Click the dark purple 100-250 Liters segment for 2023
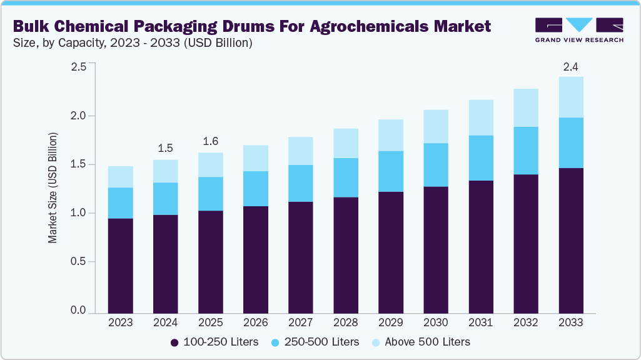coord(120,266)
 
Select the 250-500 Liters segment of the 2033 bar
coord(571,142)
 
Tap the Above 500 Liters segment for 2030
coord(436,126)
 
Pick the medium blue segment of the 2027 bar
coord(300,183)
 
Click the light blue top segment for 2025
coord(210,164)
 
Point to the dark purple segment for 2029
coord(391,252)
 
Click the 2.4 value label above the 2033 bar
coord(571,66)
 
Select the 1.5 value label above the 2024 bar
coord(165,149)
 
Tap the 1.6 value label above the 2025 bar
coord(210,141)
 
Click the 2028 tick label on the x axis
coord(346,322)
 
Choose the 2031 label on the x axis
coord(481,322)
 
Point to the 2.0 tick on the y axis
coord(78,116)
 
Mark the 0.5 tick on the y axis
coord(78,261)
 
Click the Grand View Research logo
coord(578,30)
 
